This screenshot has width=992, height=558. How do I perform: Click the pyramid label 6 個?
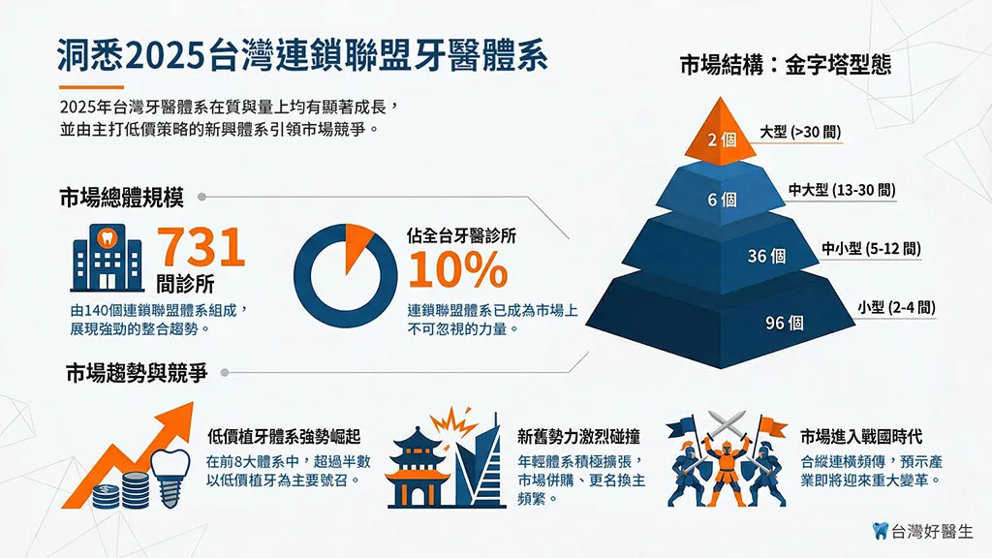722,201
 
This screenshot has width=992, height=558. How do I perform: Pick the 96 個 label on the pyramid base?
785,323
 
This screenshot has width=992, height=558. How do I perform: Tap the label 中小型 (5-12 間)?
871,250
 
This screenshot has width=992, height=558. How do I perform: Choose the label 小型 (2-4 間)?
895,308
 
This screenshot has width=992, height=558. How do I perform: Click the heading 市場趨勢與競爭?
136,373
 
